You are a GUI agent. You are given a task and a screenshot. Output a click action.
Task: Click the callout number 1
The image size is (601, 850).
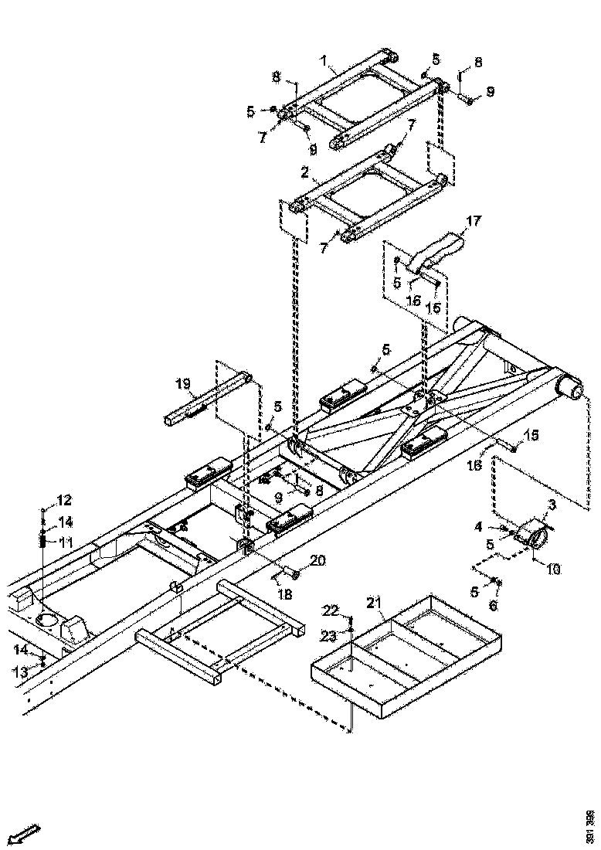click(325, 59)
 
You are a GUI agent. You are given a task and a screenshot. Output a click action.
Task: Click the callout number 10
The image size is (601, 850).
click(555, 569)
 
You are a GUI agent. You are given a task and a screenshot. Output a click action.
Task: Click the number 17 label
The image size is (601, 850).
click(473, 221)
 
